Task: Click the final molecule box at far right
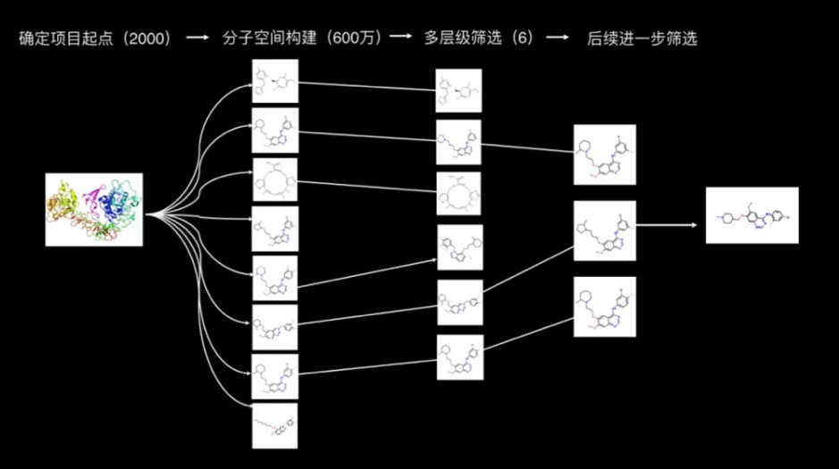coord(751,215)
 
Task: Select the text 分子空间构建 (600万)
coord(303,39)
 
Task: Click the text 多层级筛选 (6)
coord(479,39)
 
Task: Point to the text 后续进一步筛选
coord(642,39)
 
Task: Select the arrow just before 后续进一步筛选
coord(558,39)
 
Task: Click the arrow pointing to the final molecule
coord(669,225)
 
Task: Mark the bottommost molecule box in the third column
coord(459,357)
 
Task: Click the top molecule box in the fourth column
coord(605,155)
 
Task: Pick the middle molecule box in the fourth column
coord(605,230)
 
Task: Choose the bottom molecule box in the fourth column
coord(605,306)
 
